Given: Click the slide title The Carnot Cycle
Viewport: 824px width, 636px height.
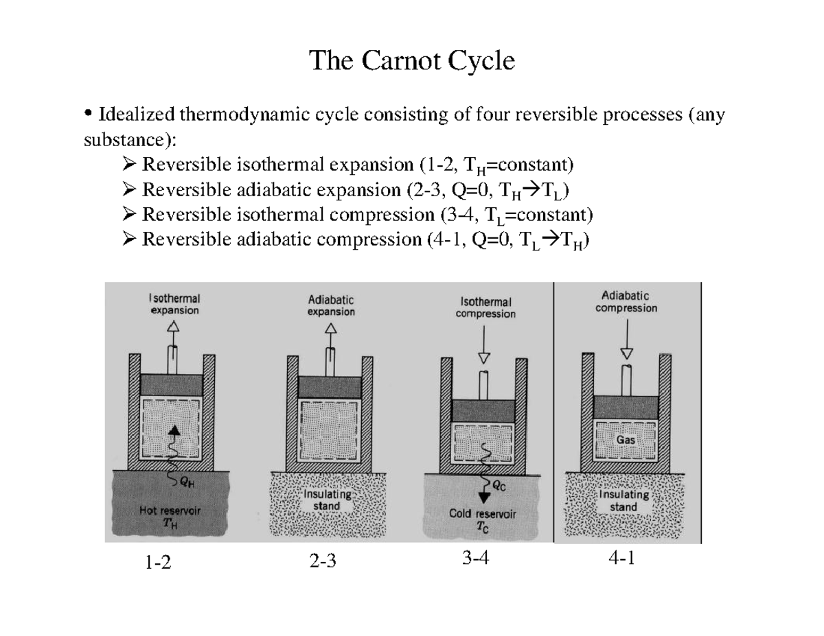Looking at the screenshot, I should pos(411,61).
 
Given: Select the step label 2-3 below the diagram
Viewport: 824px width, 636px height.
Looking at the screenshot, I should pos(323,563).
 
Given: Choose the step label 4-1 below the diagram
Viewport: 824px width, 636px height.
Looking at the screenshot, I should pos(621,559).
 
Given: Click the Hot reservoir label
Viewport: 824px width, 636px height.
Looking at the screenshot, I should pos(170,510).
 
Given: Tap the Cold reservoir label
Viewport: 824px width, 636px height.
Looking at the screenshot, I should pos(482,513).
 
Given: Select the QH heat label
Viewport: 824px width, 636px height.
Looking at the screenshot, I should pos(186,482).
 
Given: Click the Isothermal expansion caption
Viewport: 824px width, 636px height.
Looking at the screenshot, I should pos(174,305).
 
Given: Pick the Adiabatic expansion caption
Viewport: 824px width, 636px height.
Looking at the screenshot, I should pos(331,305).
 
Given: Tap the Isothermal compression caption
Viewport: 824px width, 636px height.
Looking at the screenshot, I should pos(485,307).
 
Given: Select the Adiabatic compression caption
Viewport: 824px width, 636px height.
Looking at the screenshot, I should pos(626,302).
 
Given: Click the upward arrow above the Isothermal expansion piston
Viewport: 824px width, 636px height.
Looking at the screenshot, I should pos(174,328).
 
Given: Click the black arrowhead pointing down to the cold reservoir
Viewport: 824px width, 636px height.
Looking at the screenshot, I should pos(485,497).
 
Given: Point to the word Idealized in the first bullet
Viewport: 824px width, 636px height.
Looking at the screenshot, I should pos(136,113).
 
